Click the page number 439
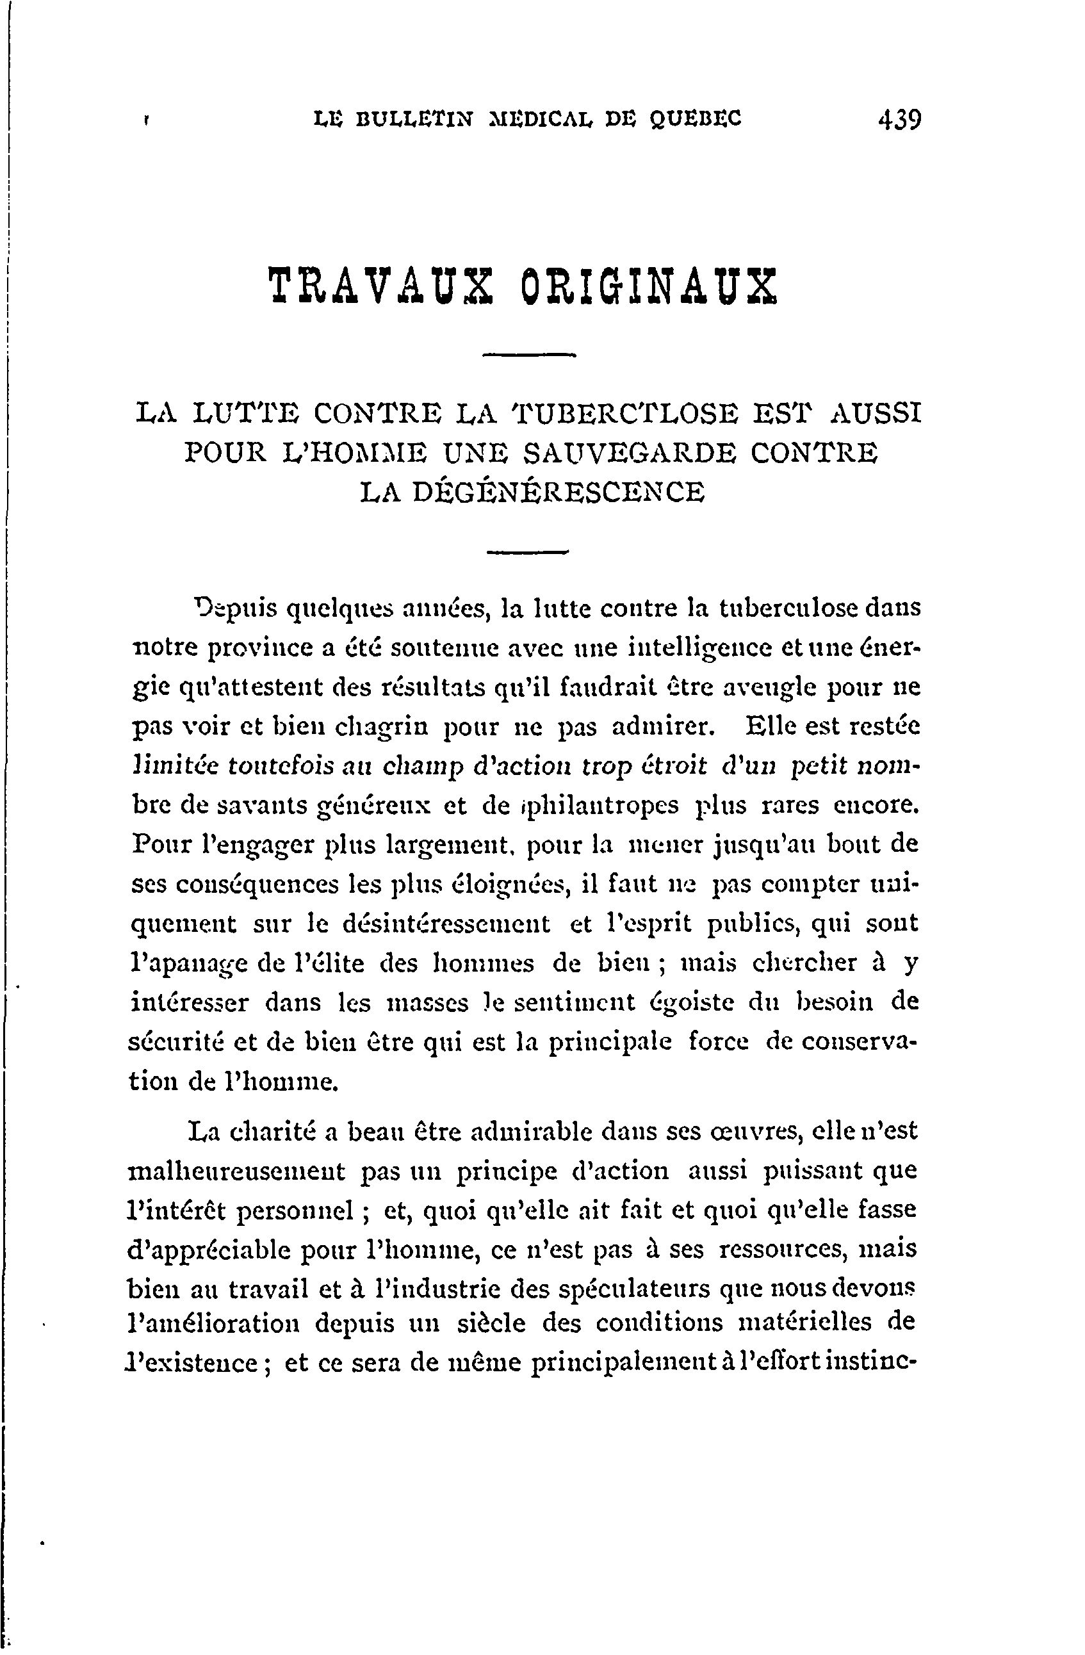click(899, 120)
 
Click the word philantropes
click(599, 805)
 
